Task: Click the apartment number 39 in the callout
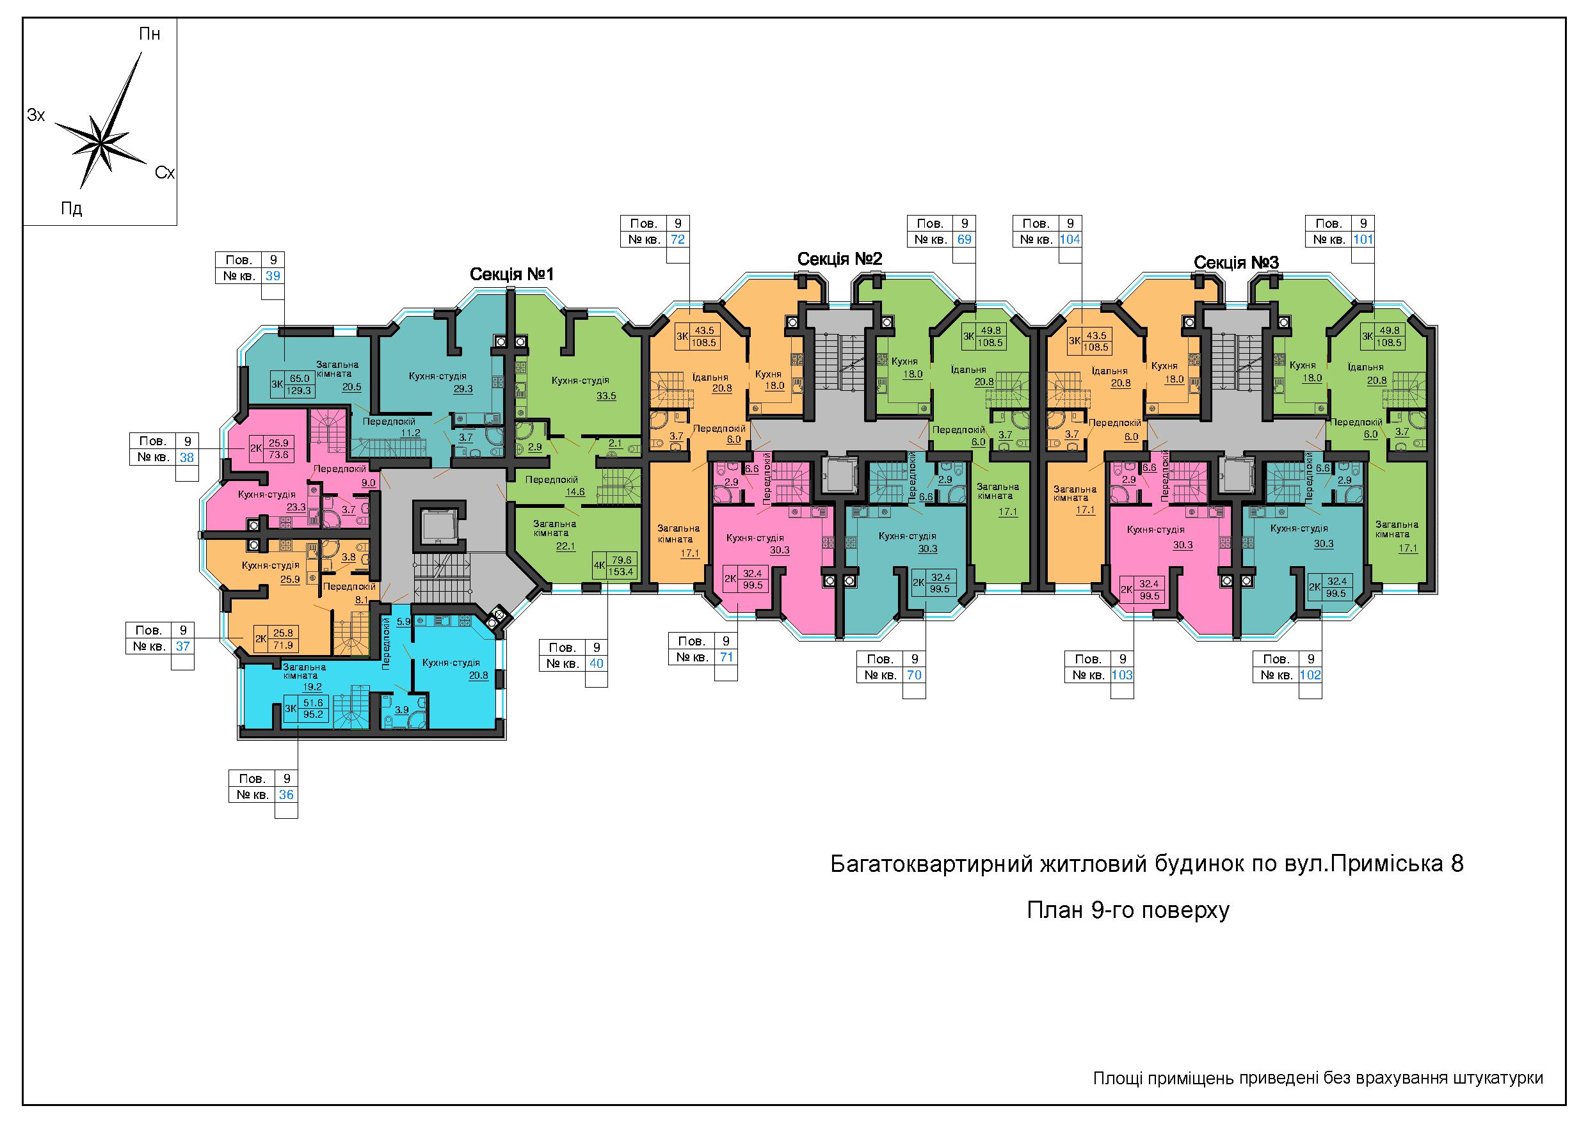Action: (x=273, y=276)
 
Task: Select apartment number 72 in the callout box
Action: (x=678, y=239)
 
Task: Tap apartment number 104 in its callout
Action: (x=1070, y=239)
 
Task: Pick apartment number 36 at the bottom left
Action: (x=286, y=794)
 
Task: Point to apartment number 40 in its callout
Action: (x=596, y=663)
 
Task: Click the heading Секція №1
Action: (x=512, y=274)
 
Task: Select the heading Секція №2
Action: (x=840, y=259)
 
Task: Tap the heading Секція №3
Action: (x=1236, y=263)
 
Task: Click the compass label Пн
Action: (x=149, y=34)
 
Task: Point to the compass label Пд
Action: (x=72, y=208)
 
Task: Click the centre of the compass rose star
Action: (x=101, y=144)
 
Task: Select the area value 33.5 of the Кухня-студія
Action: (x=606, y=396)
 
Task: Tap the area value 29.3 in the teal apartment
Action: (x=463, y=389)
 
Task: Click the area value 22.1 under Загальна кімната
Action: (x=566, y=546)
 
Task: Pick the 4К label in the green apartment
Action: (x=599, y=565)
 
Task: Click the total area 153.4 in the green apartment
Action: (x=620, y=572)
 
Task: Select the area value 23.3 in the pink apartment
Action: (x=297, y=507)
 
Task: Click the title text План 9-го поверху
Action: (x=1128, y=910)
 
